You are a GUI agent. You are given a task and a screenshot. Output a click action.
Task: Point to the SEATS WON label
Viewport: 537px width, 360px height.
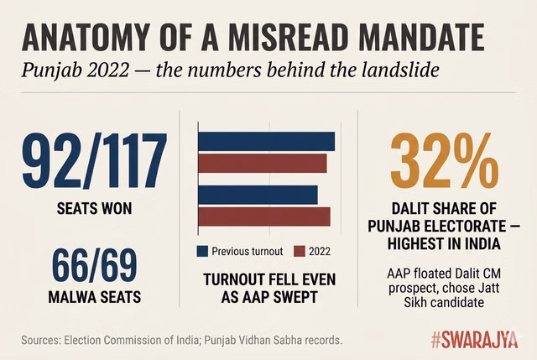click(95, 208)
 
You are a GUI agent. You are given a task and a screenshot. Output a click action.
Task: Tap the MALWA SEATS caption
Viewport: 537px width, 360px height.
click(95, 295)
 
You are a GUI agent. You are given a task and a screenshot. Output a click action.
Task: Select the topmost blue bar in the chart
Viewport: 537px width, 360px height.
click(266, 142)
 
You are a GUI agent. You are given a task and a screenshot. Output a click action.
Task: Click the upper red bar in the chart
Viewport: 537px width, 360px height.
click(262, 162)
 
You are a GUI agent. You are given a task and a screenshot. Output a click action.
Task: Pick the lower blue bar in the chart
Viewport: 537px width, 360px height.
click(258, 195)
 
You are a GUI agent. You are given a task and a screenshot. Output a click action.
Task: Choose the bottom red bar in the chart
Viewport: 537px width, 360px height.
click(263, 216)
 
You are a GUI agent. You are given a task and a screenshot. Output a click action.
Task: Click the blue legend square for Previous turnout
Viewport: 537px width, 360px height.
click(201, 251)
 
